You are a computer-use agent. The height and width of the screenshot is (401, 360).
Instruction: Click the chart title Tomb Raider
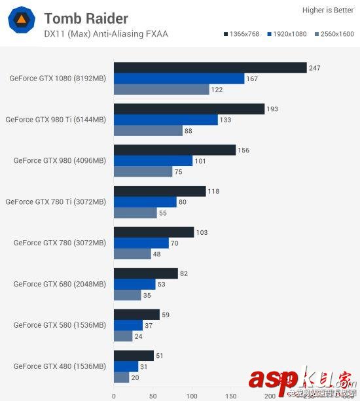[86, 18]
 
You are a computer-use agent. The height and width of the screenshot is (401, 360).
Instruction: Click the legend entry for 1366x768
[243, 33]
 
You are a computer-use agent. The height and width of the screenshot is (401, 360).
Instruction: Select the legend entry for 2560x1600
[334, 33]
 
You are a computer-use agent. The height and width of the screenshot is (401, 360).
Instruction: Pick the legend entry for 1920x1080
[289, 33]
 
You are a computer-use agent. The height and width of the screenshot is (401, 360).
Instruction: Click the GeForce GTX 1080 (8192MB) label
[57, 78]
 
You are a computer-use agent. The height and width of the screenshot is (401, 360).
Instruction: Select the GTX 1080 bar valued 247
[210, 67]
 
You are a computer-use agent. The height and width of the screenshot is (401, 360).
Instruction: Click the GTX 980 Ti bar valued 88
[148, 131]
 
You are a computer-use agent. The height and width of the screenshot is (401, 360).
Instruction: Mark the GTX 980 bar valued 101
[153, 161]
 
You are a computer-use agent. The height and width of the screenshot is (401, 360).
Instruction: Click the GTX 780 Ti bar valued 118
[160, 191]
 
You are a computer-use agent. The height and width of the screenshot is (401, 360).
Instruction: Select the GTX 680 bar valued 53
[134, 284]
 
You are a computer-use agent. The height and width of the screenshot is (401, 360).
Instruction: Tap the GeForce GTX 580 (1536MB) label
[59, 325]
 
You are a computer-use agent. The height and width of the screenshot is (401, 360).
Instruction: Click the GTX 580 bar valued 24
[123, 336]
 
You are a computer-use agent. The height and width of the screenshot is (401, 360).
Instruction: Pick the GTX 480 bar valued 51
[134, 355]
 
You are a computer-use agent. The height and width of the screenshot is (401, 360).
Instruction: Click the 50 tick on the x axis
[153, 396]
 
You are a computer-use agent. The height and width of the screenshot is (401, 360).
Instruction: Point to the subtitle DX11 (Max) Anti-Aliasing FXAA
[106, 34]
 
